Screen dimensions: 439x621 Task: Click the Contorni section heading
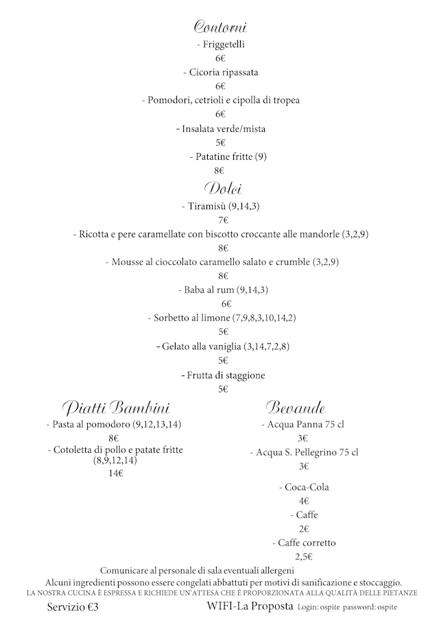click(220, 27)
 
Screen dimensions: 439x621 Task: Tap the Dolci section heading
click(222, 188)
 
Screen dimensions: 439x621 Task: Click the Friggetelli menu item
click(220, 45)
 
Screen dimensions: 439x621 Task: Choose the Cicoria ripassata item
click(220, 72)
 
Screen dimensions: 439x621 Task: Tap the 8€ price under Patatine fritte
click(220, 170)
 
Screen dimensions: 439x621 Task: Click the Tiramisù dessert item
click(220, 206)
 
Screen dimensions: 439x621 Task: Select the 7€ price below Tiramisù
click(223, 220)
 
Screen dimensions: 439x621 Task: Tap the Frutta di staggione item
click(223, 375)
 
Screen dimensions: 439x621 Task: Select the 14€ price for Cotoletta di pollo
click(115, 473)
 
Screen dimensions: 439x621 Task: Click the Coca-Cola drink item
click(304, 487)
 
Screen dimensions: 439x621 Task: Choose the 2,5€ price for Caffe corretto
click(304, 556)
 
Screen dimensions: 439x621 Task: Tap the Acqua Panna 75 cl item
click(302, 425)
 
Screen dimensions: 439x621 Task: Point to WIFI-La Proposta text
click(250, 607)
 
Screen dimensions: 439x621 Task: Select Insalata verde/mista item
click(221, 128)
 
